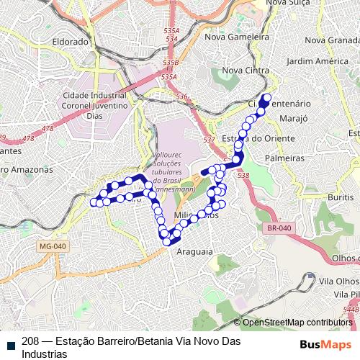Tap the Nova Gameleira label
[237, 36]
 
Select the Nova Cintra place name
[245, 71]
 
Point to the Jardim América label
[317, 61]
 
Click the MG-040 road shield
[50, 246]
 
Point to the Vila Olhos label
[338, 281]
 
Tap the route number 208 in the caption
[30, 341]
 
